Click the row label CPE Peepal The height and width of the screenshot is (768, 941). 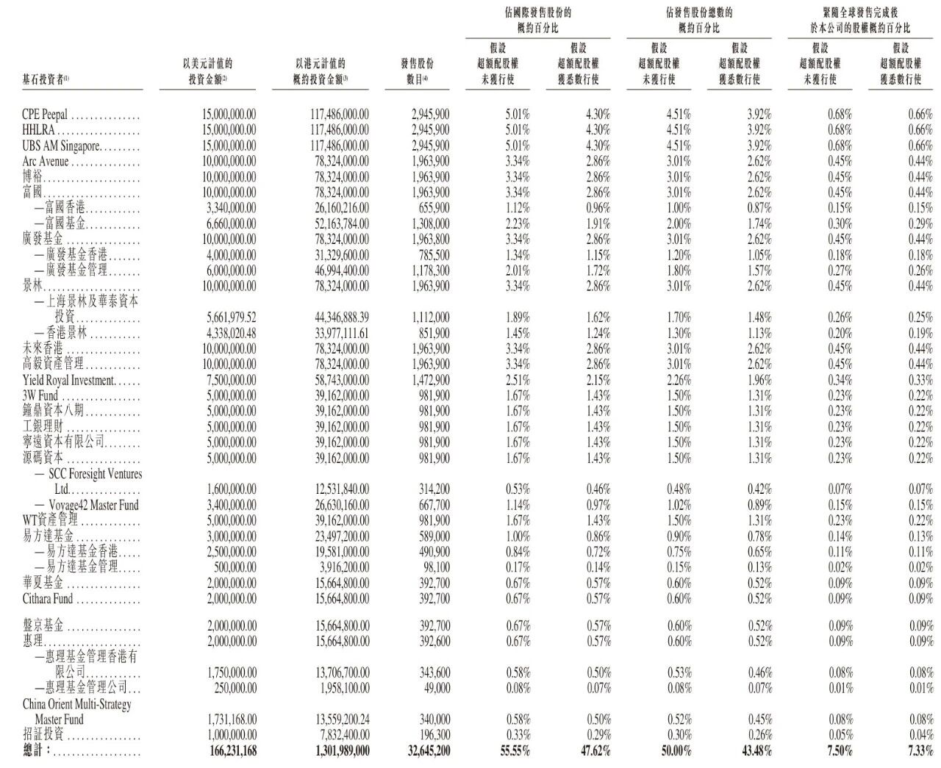tap(45, 115)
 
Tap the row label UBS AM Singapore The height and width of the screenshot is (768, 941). tap(61, 146)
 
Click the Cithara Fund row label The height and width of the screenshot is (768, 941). tap(48, 599)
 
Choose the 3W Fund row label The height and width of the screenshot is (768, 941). tap(41, 395)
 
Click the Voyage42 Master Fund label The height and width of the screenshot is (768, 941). tap(93, 505)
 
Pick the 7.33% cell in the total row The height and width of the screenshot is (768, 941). tap(918, 751)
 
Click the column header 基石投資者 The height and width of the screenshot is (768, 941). tap(46, 79)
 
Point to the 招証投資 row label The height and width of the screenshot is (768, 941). tap(43, 735)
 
